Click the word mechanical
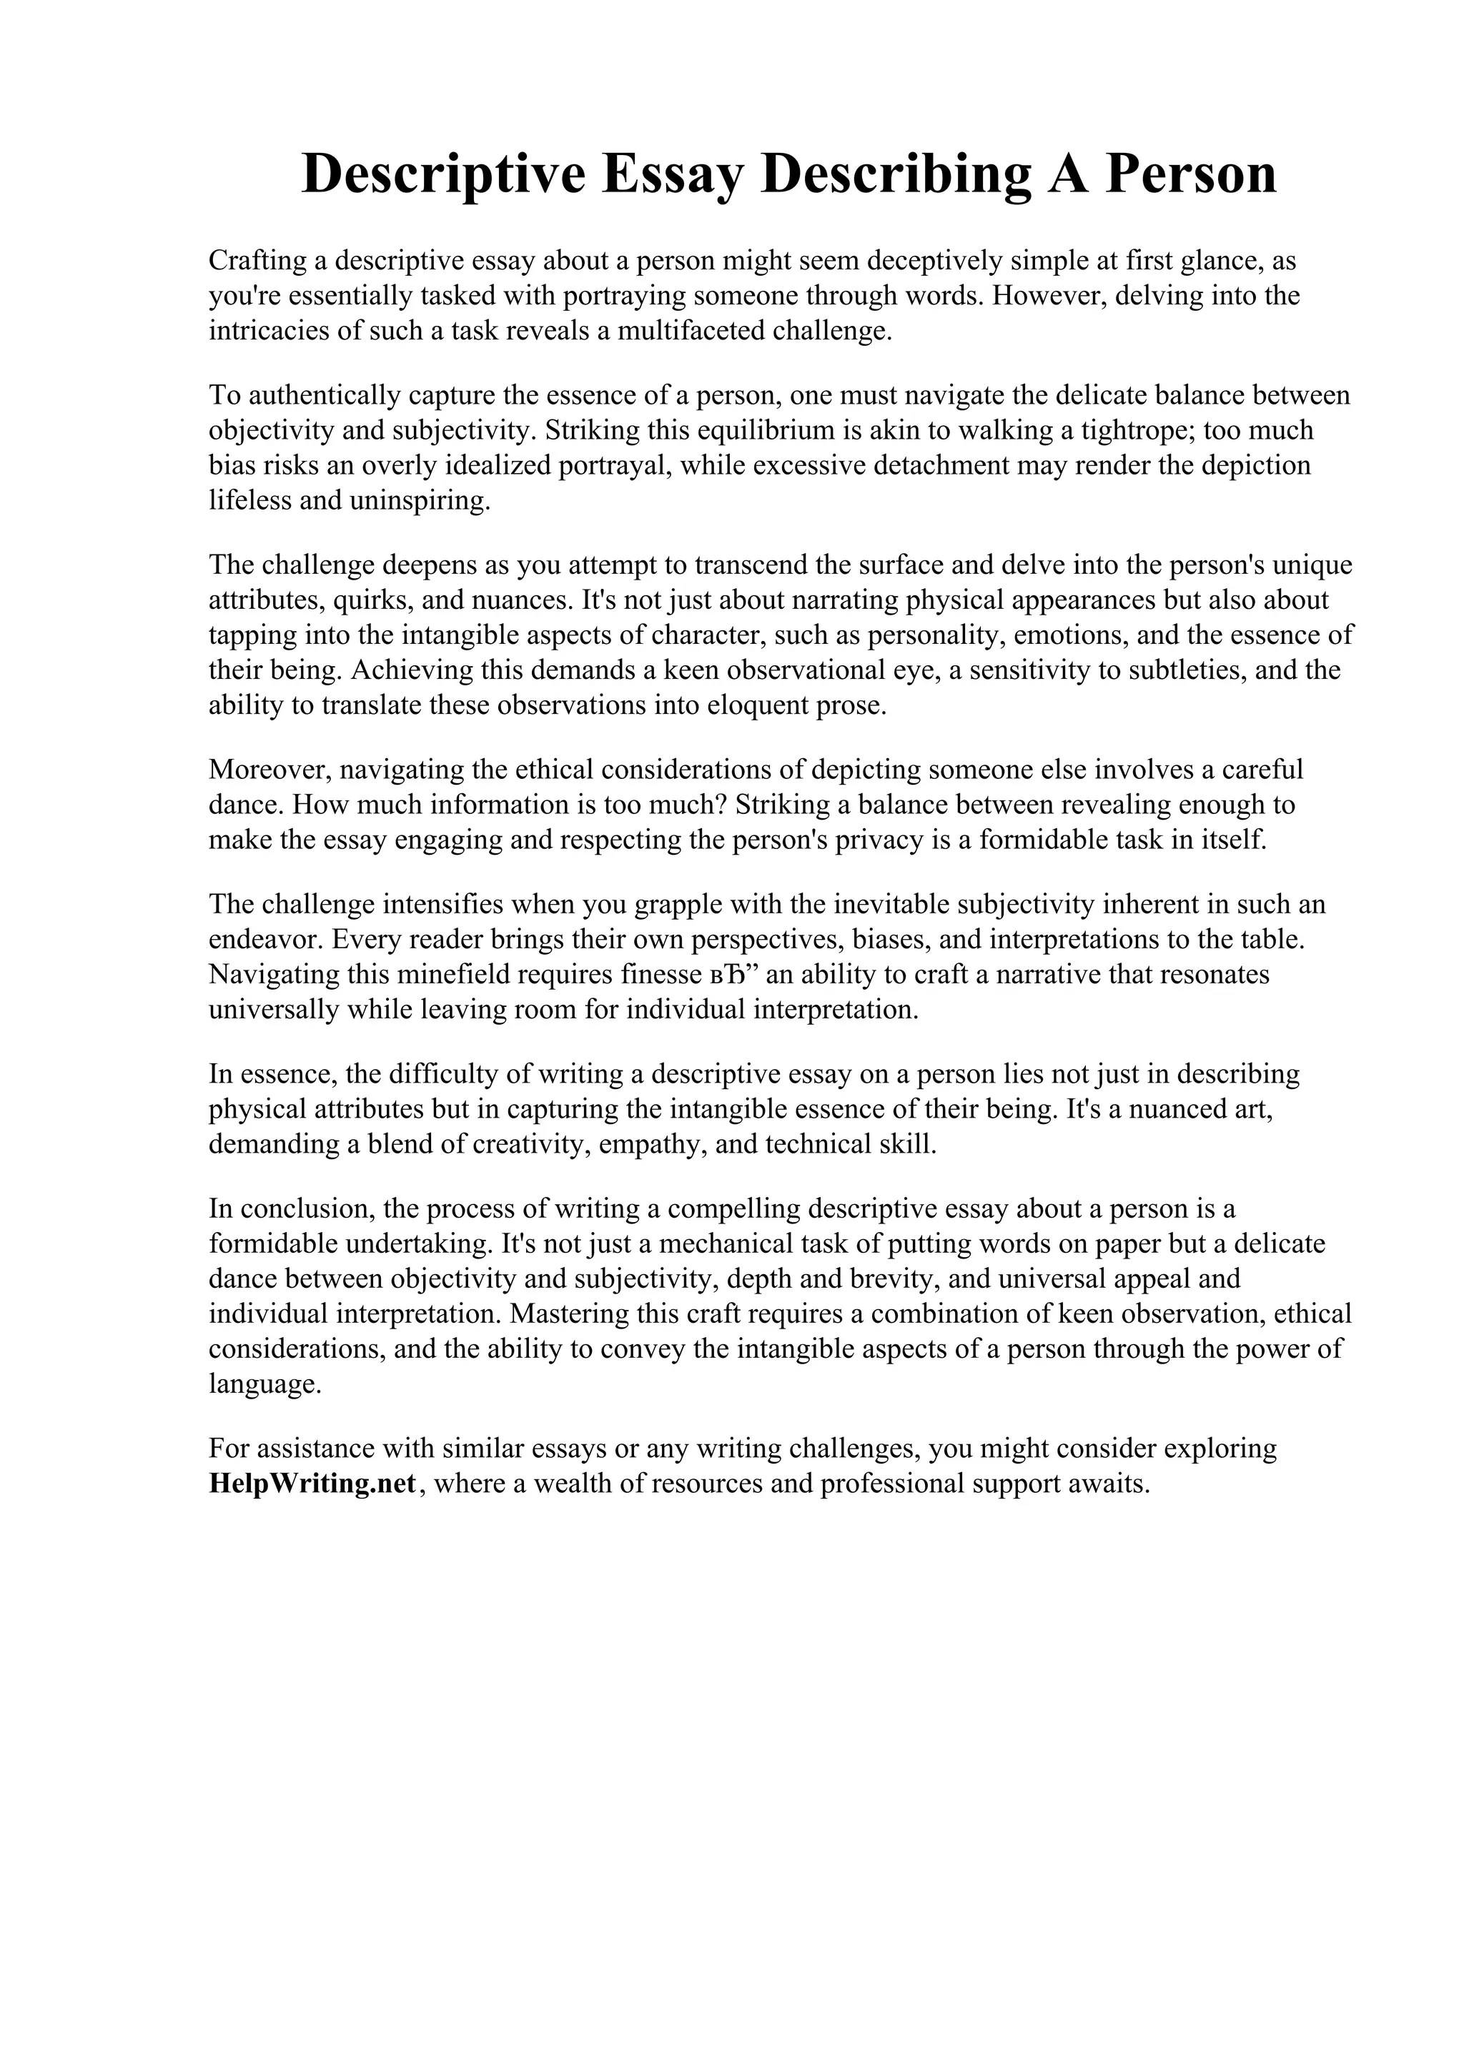click(726, 1244)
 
